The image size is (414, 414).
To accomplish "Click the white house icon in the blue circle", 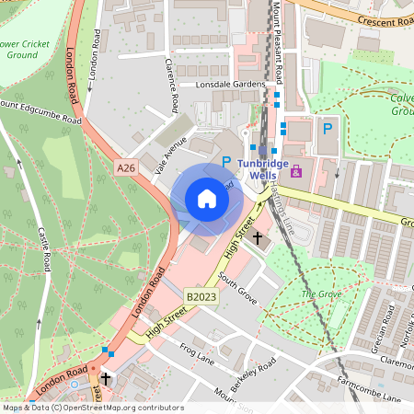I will click(x=207, y=198).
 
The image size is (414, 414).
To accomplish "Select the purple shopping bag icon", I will click(x=295, y=171).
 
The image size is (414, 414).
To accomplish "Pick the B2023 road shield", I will click(x=199, y=297).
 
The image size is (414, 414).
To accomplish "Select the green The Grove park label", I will click(x=321, y=293).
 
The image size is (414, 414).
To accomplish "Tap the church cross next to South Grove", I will click(x=258, y=238).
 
